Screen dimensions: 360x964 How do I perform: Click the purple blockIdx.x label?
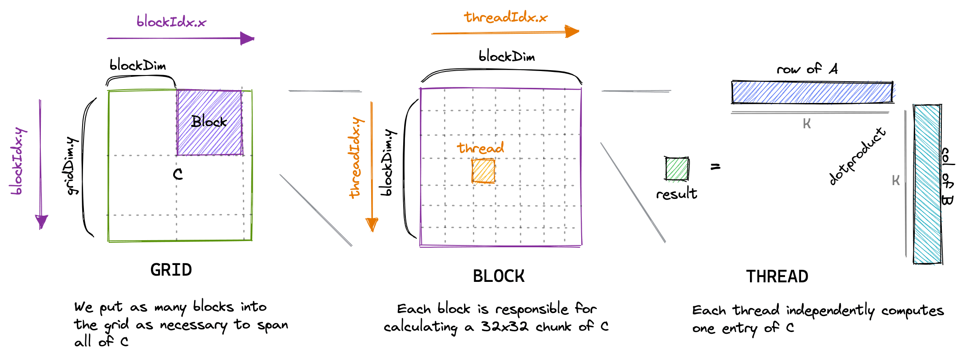tap(171, 21)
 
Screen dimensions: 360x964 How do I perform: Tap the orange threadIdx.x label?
tap(506, 17)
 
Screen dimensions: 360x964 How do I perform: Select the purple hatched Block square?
tap(210, 123)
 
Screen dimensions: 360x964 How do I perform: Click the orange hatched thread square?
tap(483, 171)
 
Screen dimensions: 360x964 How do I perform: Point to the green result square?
tap(677, 169)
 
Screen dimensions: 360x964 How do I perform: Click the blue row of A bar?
tap(812, 92)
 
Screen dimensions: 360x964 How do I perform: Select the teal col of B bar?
tap(928, 184)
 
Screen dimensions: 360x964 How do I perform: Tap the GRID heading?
tap(171, 270)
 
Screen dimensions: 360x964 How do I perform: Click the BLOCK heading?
tap(499, 276)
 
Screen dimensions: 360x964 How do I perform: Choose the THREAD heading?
tap(777, 277)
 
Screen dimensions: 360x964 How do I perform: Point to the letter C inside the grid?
tap(178, 174)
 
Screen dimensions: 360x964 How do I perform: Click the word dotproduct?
tap(857, 156)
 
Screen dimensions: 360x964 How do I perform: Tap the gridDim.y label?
tap(72, 166)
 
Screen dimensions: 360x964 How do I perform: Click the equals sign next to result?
tap(715, 167)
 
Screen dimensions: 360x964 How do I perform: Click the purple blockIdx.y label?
tap(19, 162)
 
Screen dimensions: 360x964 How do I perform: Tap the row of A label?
tap(807, 69)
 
